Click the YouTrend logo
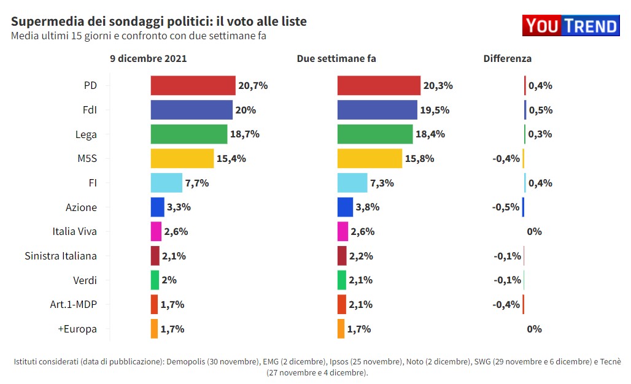[571, 25]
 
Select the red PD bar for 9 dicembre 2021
[193, 85]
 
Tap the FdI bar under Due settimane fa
[377, 110]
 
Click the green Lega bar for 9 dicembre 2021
[189, 134]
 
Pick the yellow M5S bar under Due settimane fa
[370, 158]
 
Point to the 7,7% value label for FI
[197, 183]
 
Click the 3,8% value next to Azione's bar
[368, 207]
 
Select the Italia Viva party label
[75, 231]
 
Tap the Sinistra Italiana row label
[61, 256]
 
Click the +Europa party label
[77, 329]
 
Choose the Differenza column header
[507, 59]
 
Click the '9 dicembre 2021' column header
[149, 59]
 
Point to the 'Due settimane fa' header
[336, 59]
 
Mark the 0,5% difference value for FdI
[540, 110]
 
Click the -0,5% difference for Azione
[506, 207]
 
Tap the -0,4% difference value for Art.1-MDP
[506, 304]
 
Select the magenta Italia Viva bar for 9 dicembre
[156, 231]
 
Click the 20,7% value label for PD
[253, 85]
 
